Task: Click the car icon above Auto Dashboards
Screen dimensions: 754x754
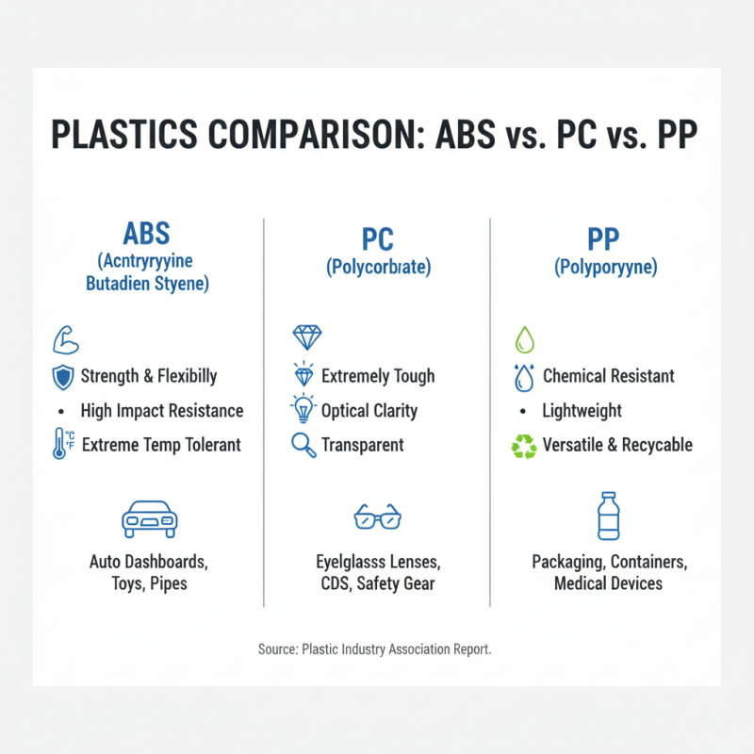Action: [x=150, y=519]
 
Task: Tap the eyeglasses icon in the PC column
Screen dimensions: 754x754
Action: [x=377, y=516]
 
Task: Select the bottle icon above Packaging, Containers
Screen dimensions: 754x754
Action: [x=609, y=516]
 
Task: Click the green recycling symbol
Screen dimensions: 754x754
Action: [x=523, y=446]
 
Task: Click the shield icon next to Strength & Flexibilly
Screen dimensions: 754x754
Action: [x=64, y=377]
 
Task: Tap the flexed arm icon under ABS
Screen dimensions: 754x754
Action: [x=66, y=338]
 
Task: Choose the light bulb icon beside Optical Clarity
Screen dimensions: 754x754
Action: [x=304, y=411]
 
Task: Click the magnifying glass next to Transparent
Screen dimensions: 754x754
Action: [x=304, y=445]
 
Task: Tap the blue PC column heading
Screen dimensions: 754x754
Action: [x=377, y=239]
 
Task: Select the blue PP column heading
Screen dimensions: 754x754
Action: [x=605, y=239]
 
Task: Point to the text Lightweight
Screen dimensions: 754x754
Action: [x=582, y=411]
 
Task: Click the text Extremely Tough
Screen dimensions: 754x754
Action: [x=378, y=376]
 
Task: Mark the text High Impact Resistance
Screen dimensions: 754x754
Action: [x=162, y=411]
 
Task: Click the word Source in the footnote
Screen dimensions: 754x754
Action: [x=276, y=649]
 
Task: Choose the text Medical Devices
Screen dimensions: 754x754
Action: [x=608, y=583]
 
